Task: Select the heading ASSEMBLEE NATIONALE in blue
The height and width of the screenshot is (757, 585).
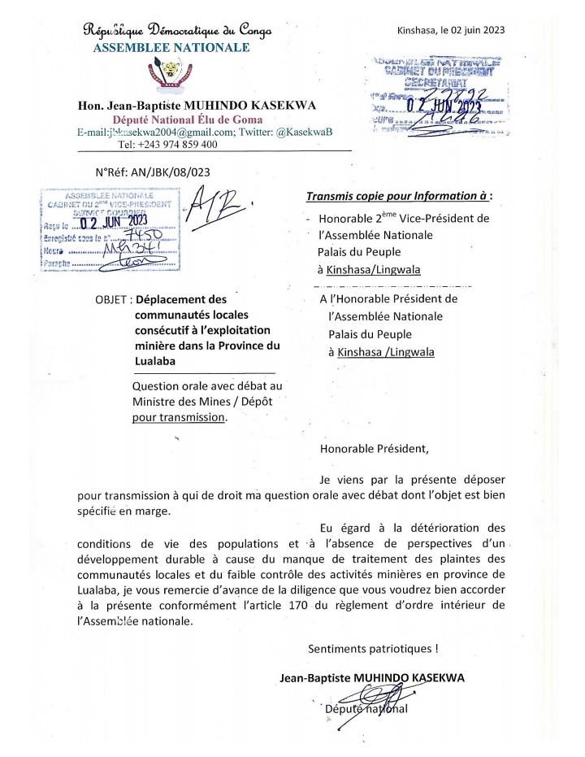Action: tap(171, 48)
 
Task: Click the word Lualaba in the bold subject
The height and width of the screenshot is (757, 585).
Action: tap(162, 360)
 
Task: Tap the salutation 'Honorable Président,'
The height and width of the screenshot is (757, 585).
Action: tap(371, 447)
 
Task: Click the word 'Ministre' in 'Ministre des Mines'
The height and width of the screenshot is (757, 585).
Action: tap(157, 402)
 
